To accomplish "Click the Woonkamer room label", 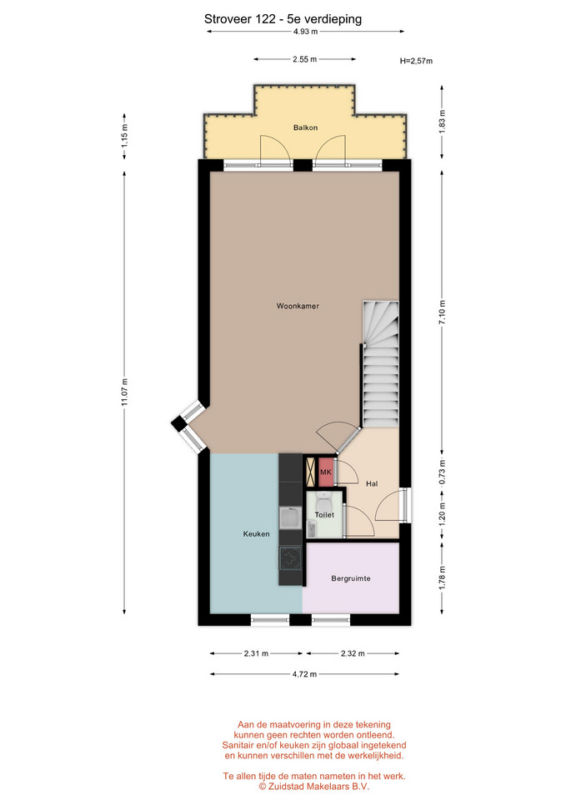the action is (x=298, y=306).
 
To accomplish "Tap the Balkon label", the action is (x=305, y=127).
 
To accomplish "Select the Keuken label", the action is (x=256, y=534).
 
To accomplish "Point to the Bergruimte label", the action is (x=351, y=578).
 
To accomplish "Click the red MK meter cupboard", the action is (x=326, y=472).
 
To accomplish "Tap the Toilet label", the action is (x=324, y=515).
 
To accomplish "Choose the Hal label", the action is (x=372, y=483).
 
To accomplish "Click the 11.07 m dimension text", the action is (x=124, y=392).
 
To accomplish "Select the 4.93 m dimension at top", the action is (x=305, y=31).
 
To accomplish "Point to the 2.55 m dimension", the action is (x=305, y=59).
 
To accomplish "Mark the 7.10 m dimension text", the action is (x=442, y=312).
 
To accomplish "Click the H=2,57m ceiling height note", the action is (x=416, y=61).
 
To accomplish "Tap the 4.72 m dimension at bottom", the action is (x=304, y=674).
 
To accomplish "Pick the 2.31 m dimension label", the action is (x=256, y=653).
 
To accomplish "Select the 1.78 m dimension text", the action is (x=442, y=577).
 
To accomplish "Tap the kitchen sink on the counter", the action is (x=291, y=517).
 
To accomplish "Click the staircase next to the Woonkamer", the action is (x=380, y=364).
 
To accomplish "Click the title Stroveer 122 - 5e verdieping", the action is (x=283, y=19).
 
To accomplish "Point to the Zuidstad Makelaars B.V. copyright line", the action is (x=314, y=786).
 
